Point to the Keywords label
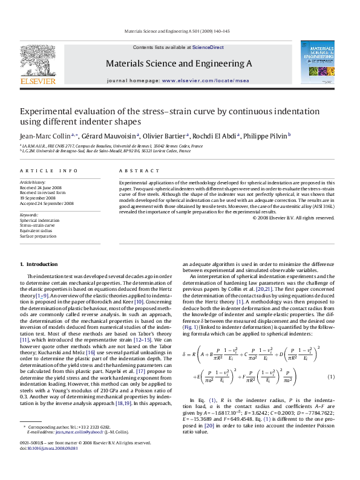29,215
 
